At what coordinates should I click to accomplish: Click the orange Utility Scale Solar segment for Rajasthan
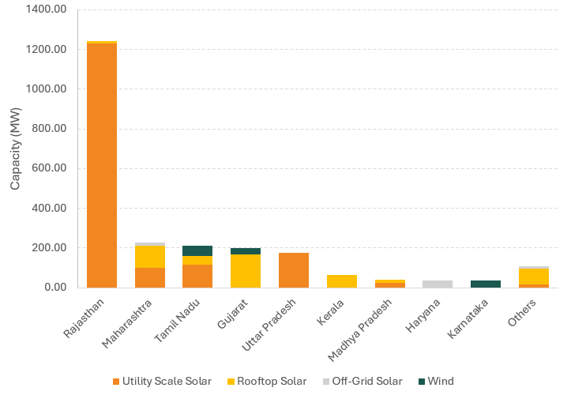click(x=102, y=165)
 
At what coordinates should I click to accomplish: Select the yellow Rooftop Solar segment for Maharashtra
click(x=150, y=257)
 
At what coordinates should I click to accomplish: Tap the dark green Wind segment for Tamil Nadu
click(x=197, y=250)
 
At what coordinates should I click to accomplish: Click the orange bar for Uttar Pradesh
click(x=294, y=270)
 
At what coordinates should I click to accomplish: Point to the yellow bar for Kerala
click(x=342, y=281)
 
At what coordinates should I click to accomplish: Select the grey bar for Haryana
click(x=438, y=284)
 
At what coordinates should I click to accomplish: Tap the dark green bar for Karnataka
click(x=486, y=284)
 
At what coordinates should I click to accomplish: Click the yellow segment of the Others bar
click(x=534, y=276)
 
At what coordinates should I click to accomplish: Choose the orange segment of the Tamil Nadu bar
click(x=197, y=276)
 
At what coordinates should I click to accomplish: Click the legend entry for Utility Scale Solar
click(x=161, y=382)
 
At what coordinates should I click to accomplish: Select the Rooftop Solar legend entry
click(x=266, y=382)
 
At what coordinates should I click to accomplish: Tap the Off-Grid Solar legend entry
click(x=361, y=382)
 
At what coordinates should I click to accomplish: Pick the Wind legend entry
click(x=435, y=382)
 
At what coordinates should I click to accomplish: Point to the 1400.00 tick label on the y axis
click(x=47, y=9)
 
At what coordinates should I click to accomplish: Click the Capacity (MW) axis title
click(x=16, y=149)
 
